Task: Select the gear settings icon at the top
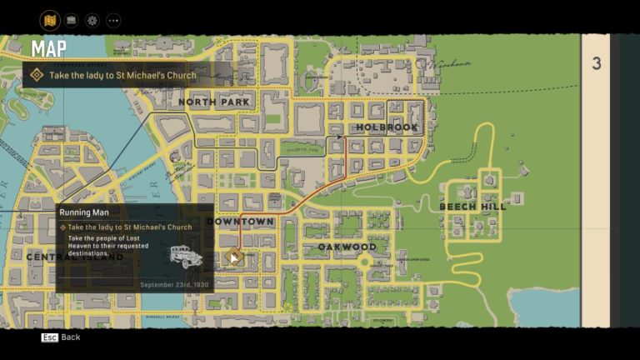(92, 20)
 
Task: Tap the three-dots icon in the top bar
(114, 20)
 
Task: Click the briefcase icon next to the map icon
(71, 20)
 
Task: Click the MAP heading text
(49, 48)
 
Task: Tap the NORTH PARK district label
(213, 102)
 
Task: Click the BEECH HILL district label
(472, 206)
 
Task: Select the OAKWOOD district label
(347, 247)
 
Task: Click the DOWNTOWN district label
(240, 222)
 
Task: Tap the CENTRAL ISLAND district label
(75, 257)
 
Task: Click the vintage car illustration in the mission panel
(186, 256)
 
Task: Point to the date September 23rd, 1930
(173, 284)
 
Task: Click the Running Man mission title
(83, 212)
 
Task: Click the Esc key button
(49, 337)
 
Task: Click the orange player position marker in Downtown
(234, 257)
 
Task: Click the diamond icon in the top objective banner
(36, 75)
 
